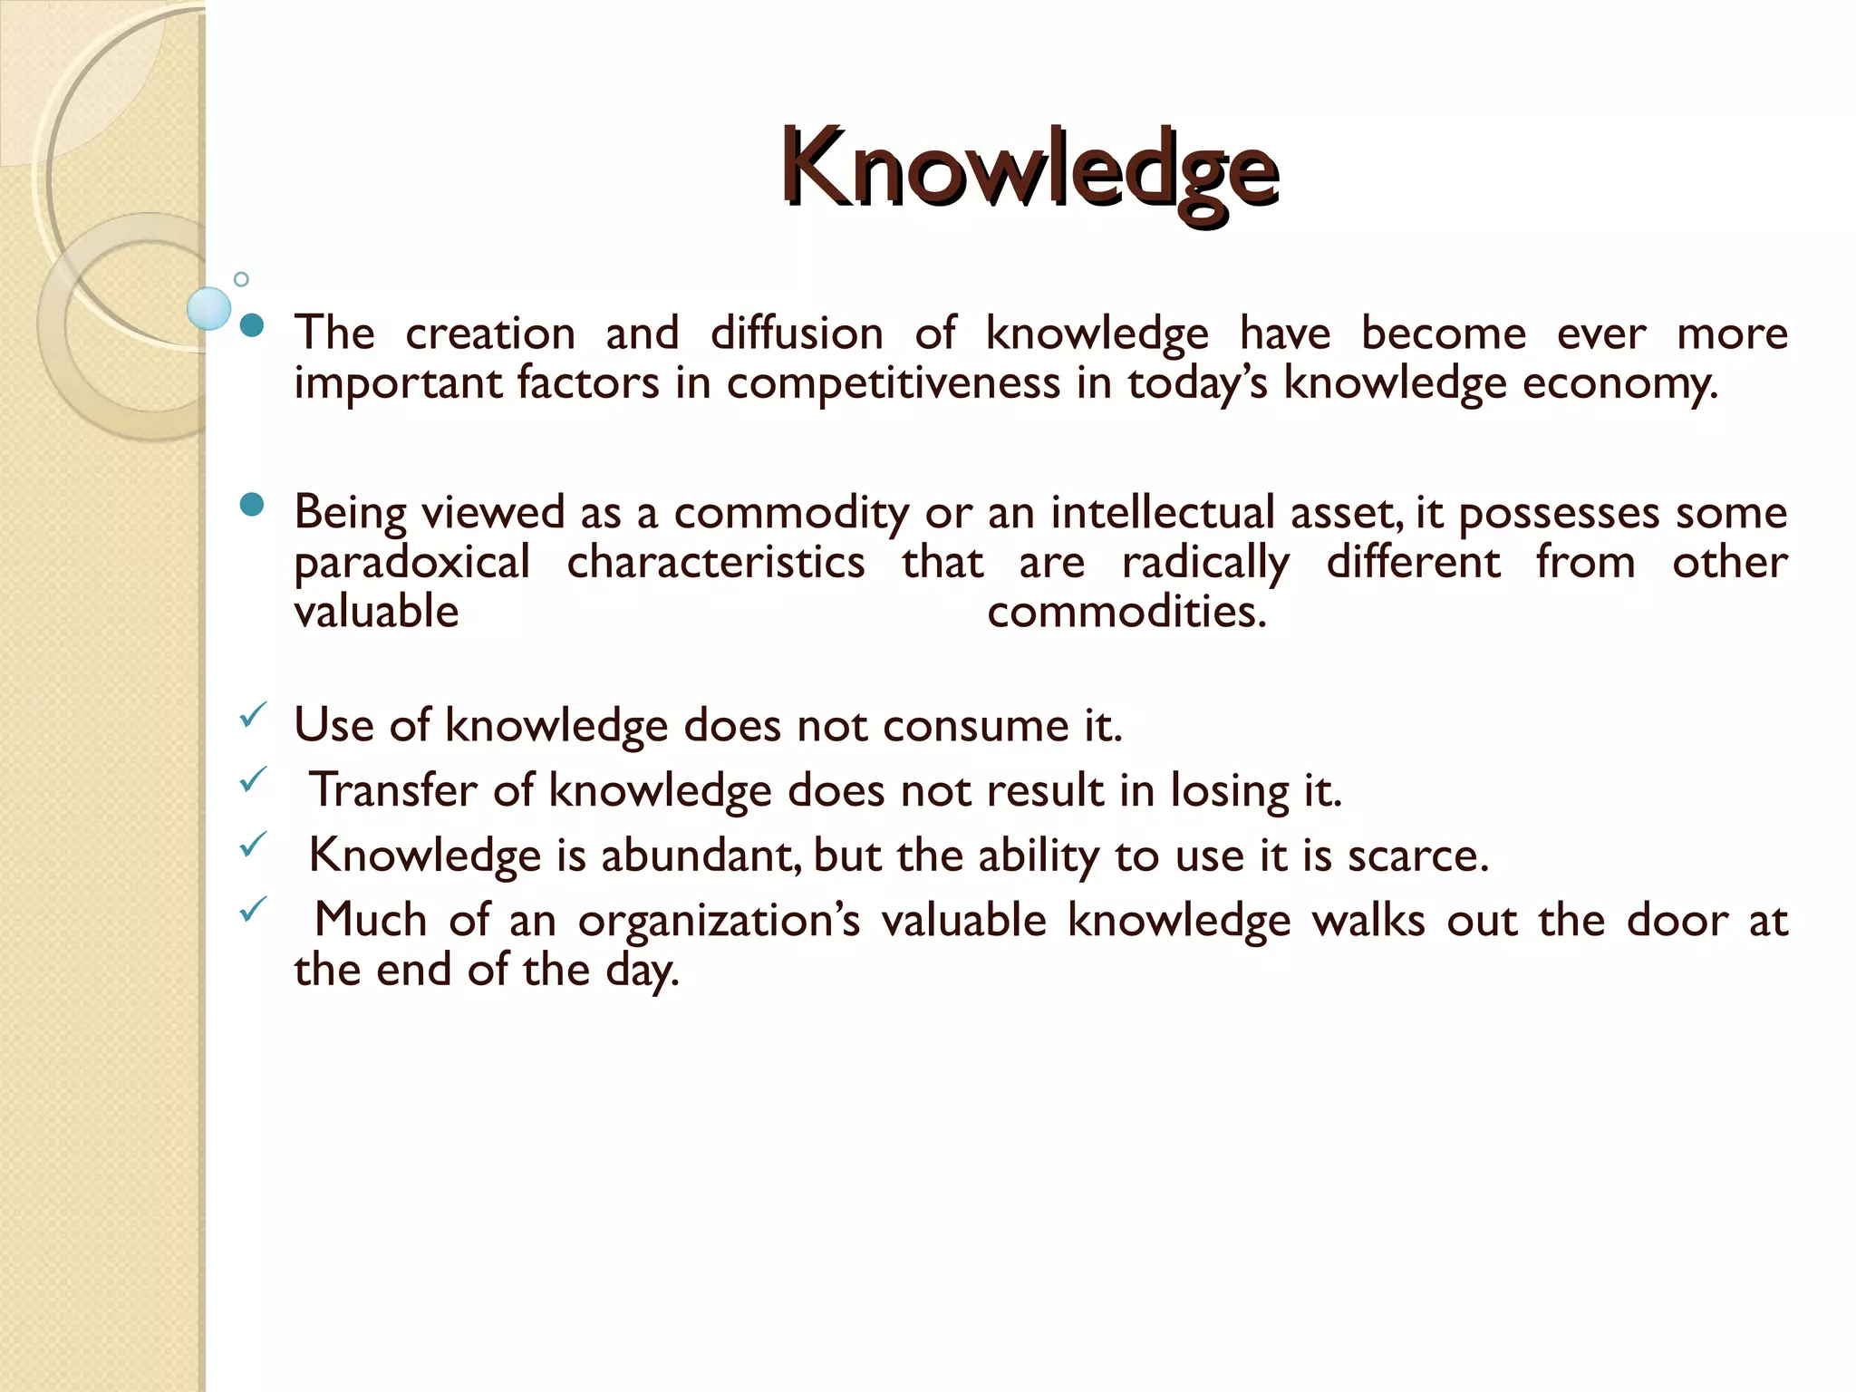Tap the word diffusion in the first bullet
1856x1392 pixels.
[797, 333]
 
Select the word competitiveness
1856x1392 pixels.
[893, 382]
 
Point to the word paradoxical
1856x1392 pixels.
[412, 563]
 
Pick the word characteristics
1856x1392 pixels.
[716, 562]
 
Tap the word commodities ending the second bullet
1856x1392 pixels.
[1126, 612]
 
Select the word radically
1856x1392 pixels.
[1205, 563]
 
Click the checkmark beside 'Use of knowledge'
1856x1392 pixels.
[251, 717]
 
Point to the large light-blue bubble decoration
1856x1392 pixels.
[209, 308]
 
